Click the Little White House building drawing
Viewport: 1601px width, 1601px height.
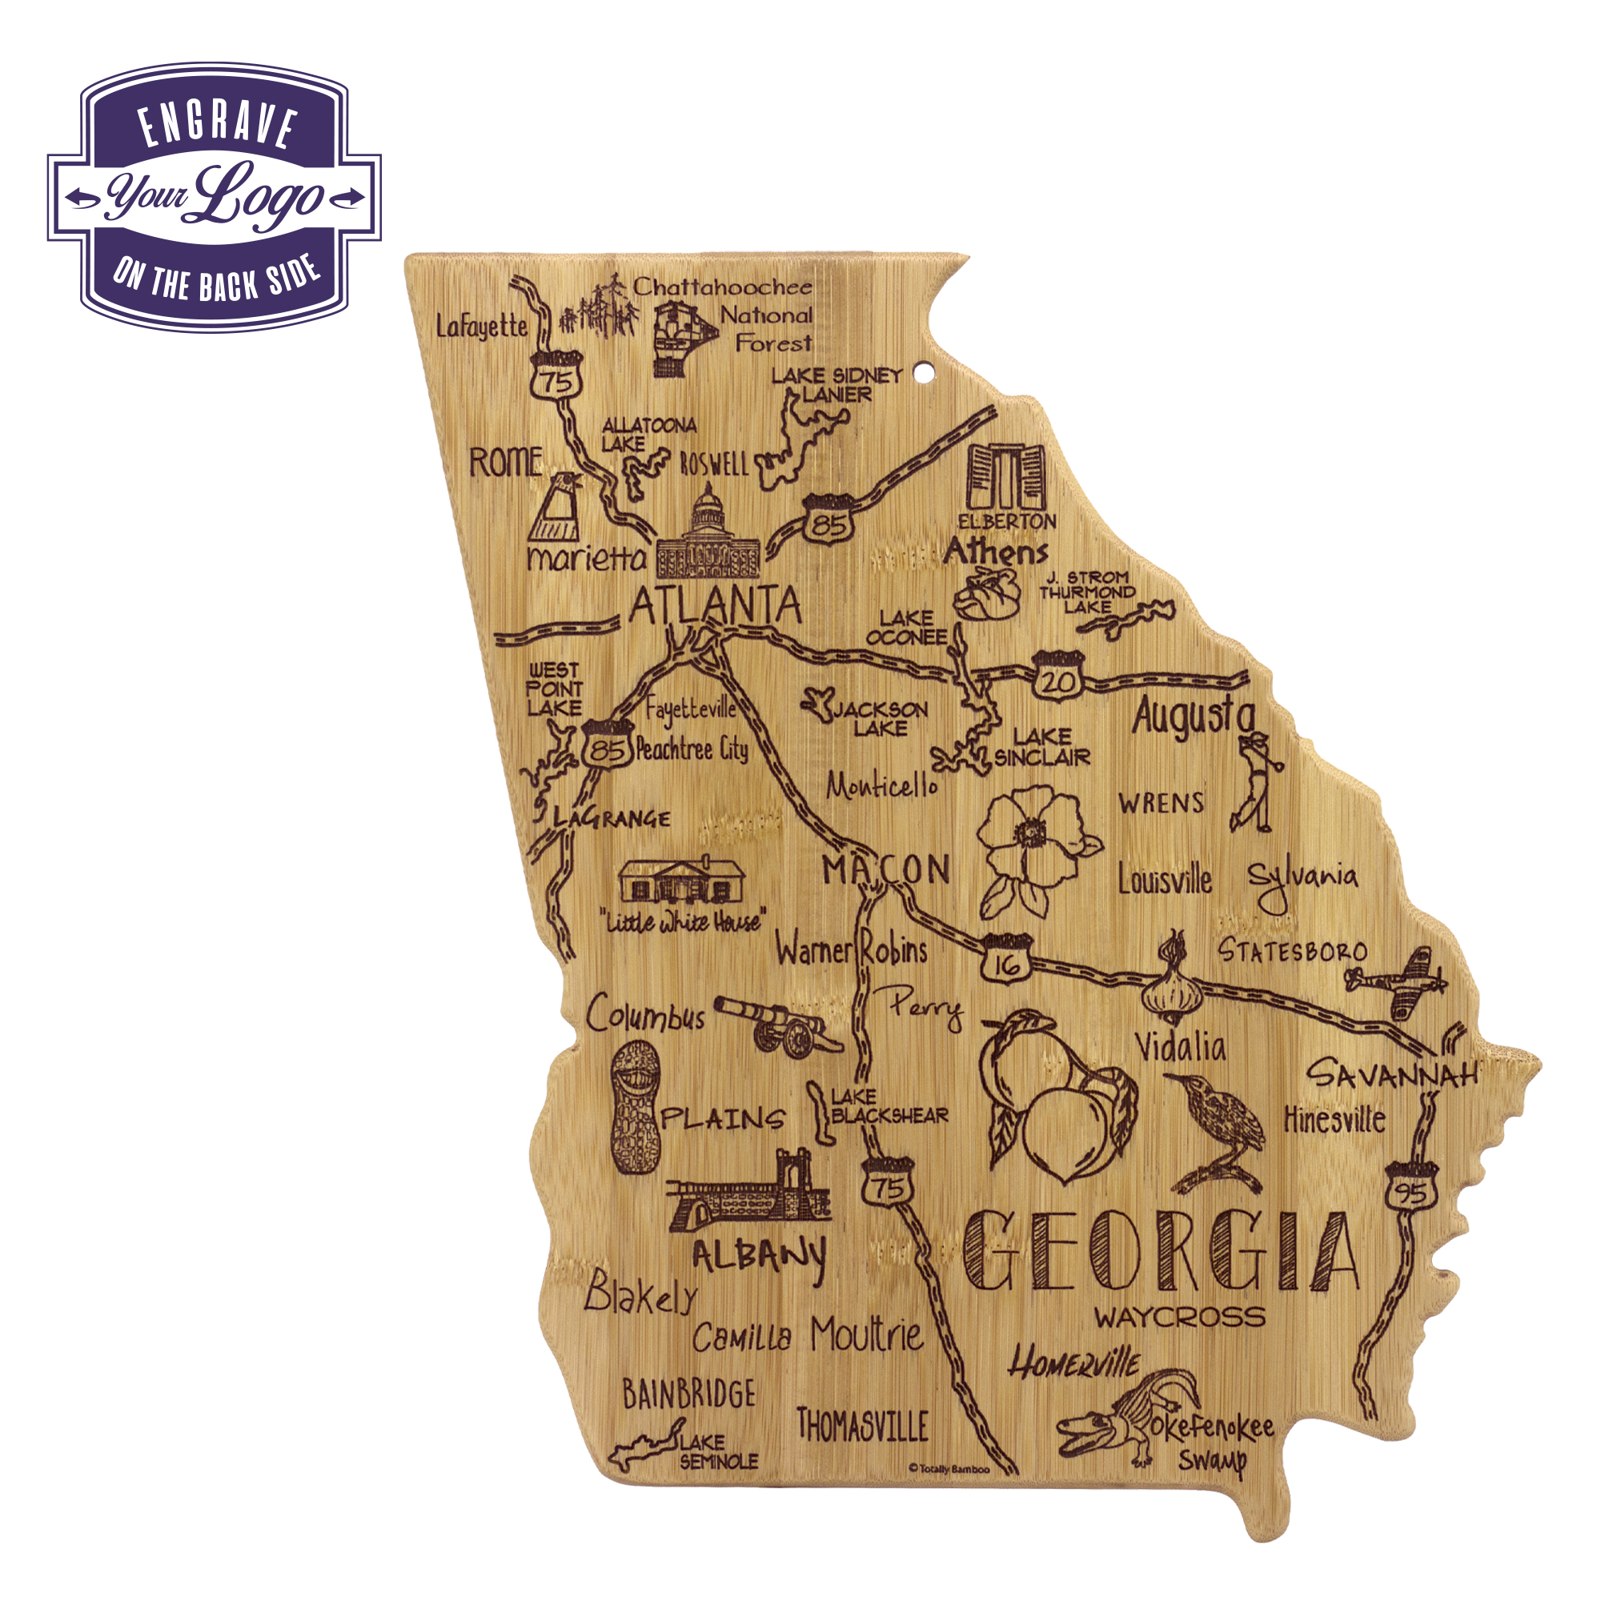point(681,881)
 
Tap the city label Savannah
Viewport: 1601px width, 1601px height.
point(1392,1074)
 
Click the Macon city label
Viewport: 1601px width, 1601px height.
point(885,869)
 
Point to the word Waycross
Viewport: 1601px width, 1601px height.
point(1179,1317)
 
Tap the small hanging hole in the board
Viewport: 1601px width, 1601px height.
point(922,376)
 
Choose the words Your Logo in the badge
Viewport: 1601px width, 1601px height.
point(215,196)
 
